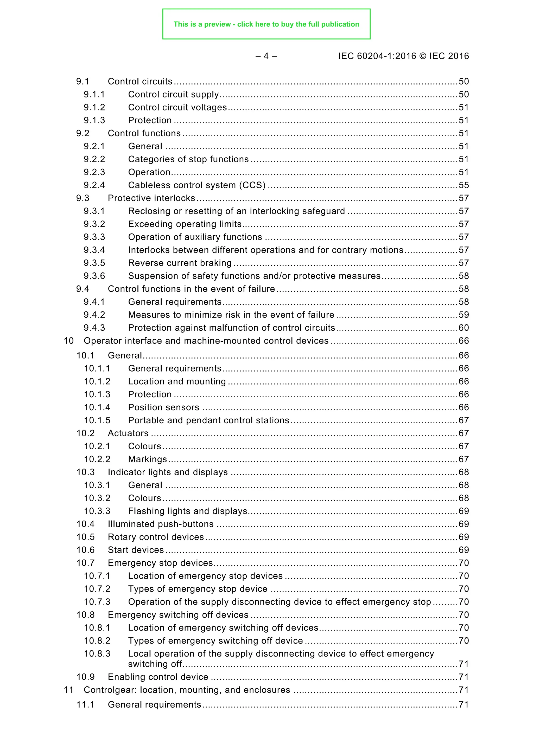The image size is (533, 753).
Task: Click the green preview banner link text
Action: click(266, 24)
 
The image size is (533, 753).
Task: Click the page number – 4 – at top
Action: click(266, 56)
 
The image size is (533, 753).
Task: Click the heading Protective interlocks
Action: click(151, 198)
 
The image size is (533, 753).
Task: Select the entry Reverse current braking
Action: click(180, 263)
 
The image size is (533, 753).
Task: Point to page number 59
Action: click(464, 315)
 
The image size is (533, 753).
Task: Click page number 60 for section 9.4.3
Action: click(464, 328)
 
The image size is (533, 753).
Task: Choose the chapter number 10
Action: click(69, 341)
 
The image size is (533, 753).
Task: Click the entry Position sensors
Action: click(163, 407)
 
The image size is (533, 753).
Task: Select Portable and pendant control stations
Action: click(208, 420)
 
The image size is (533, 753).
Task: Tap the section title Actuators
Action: click(128, 433)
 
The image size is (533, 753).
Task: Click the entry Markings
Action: click(147, 459)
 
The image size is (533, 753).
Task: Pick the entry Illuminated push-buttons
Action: click(161, 524)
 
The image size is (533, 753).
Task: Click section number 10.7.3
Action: click(97, 602)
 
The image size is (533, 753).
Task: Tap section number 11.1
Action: click(85, 705)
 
